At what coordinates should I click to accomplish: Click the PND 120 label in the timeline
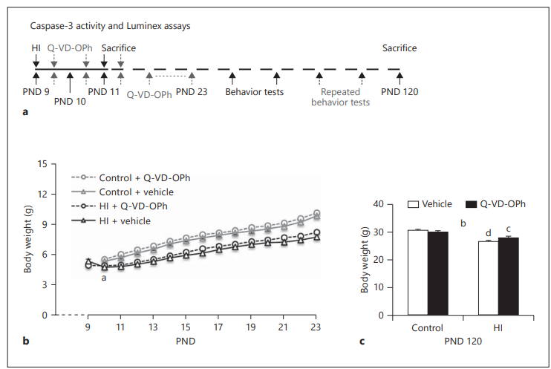pos(399,92)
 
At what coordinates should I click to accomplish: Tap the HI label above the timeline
pos(36,48)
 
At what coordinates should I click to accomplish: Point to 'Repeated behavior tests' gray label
pos(341,97)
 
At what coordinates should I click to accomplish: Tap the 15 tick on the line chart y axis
pos(51,163)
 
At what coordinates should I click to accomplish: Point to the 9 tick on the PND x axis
pos(88,327)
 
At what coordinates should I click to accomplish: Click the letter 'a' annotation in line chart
pos(104,278)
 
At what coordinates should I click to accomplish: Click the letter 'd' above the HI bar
pos(488,234)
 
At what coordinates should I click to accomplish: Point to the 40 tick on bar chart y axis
pos(376,203)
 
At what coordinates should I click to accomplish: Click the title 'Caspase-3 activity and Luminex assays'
pos(100,26)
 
